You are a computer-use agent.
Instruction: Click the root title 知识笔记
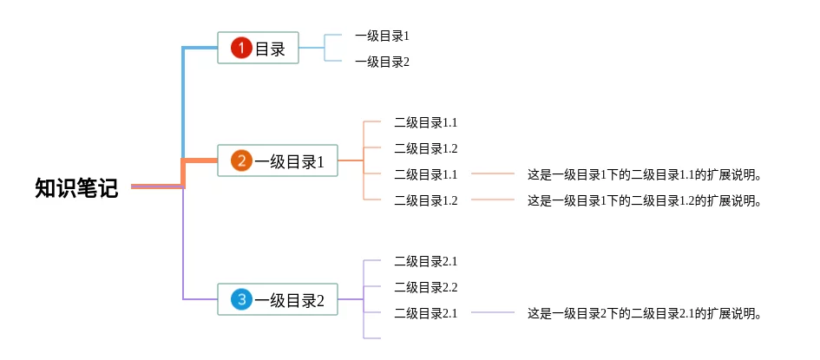76,188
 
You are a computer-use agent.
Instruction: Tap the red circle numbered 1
241,49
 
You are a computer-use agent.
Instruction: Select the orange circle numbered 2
241,161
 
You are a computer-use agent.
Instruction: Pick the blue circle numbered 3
241,300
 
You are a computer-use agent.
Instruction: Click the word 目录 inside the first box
270,49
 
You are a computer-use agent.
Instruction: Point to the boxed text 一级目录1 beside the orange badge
289,162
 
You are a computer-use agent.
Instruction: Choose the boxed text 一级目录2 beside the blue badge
289,301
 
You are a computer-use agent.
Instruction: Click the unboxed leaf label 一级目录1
381,36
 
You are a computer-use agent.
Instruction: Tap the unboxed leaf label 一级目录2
381,62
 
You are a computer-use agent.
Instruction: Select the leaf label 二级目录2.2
425,287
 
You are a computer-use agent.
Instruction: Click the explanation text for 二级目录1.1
644,175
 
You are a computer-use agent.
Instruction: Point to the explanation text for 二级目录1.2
644,201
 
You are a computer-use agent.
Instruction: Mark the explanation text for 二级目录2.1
644,313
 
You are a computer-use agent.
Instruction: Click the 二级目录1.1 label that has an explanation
425,175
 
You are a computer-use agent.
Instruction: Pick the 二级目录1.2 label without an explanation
425,148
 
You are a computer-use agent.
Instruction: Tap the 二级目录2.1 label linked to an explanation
425,313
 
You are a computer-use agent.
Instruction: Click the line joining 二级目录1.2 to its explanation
493,200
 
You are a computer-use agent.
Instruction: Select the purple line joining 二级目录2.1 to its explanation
493,312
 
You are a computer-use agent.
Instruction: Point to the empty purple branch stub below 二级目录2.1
372,337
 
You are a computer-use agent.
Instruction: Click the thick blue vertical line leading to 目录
183,104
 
